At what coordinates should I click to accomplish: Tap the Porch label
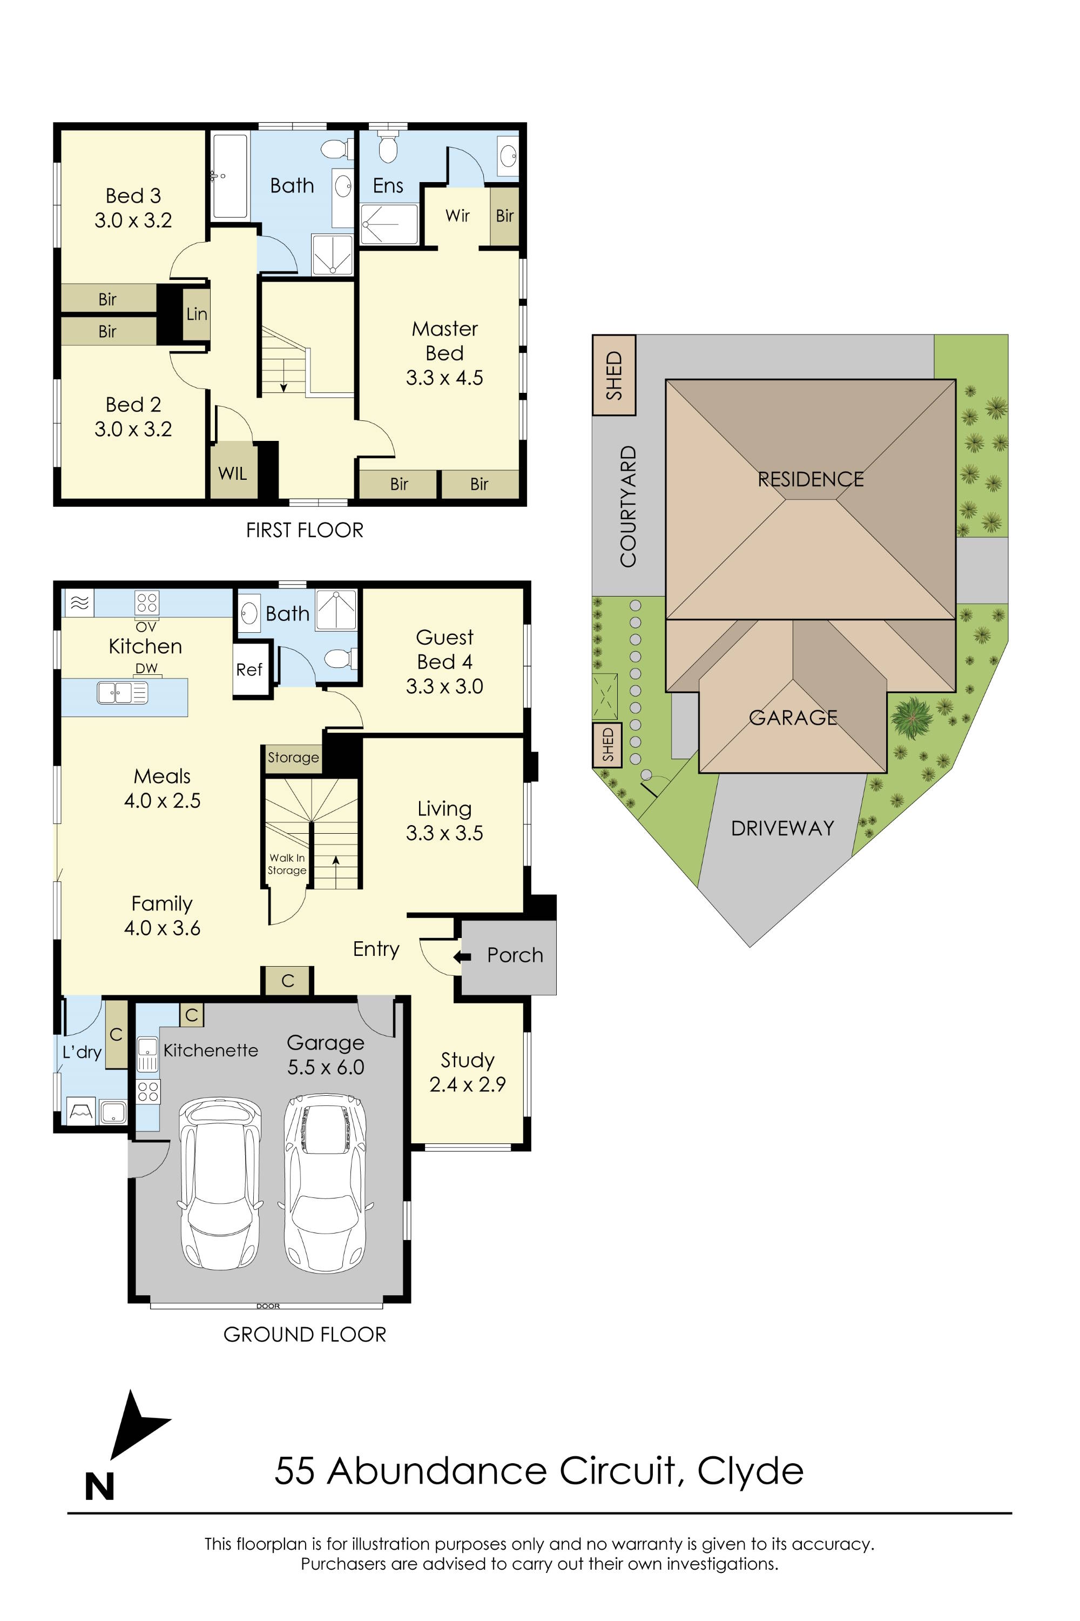point(515,955)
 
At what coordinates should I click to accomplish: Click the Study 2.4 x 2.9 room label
point(468,1071)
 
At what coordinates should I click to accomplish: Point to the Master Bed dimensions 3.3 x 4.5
point(444,378)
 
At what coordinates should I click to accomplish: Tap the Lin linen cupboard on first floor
point(197,314)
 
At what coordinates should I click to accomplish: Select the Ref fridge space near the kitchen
point(249,670)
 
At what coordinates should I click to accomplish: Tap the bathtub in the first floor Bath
point(230,177)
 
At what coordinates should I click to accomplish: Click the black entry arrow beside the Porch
point(462,956)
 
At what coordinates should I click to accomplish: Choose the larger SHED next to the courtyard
point(613,375)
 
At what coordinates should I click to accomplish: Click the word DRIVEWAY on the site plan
point(782,828)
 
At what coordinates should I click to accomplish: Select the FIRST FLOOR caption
point(305,530)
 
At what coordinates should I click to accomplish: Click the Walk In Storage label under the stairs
point(287,864)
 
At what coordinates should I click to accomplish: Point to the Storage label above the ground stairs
point(293,758)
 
